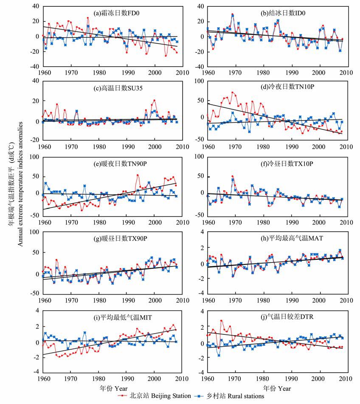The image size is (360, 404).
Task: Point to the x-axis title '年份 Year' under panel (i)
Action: coord(113,388)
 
